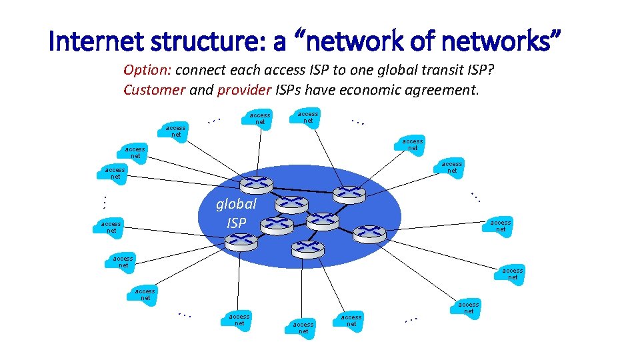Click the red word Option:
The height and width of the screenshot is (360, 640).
(147, 71)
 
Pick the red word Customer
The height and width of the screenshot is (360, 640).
(154, 89)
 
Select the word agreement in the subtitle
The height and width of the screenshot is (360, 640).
(446, 89)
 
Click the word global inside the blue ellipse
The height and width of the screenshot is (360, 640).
(236, 204)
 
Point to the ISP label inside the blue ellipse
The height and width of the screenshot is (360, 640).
(236, 223)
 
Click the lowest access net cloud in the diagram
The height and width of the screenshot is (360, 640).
(303, 327)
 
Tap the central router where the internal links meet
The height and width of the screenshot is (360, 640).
(323, 220)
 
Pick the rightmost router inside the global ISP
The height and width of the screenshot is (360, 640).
(369, 233)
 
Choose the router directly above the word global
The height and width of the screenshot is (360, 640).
(255, 185)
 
